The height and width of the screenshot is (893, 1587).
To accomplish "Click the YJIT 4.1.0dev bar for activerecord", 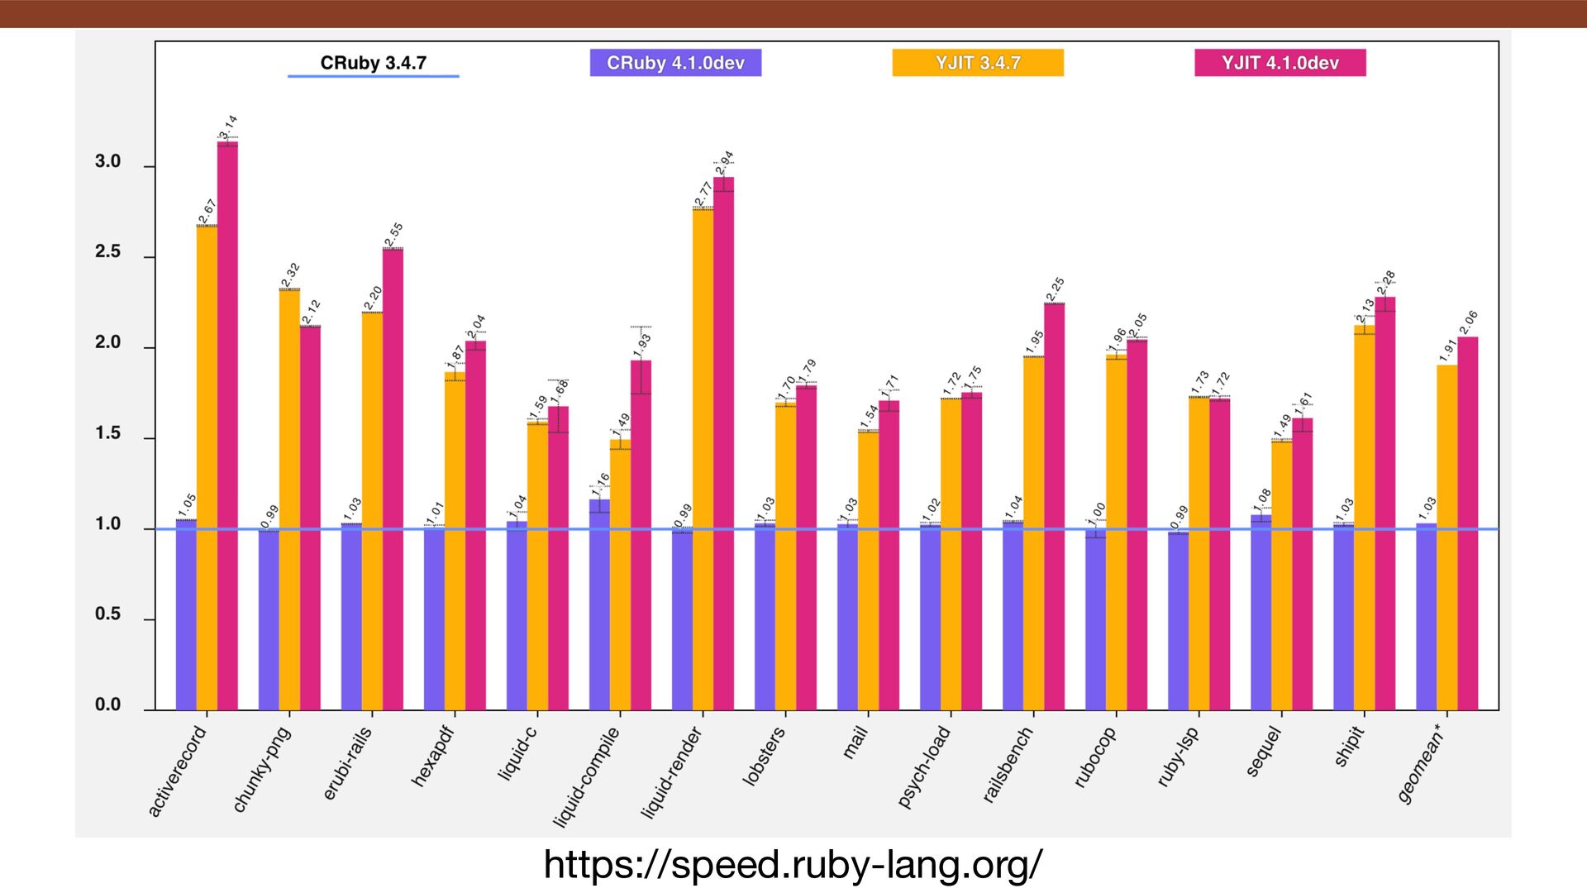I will click(x=227, y=426).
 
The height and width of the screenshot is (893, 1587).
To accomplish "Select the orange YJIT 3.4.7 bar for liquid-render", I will click(x=703, y=459).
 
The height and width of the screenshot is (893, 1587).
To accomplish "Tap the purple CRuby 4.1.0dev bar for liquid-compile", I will click(x=599, y=604).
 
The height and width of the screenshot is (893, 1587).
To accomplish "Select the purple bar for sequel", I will click(x=1261, y=612).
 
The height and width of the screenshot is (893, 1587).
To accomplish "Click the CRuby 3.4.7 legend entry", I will click(x=373, y=63).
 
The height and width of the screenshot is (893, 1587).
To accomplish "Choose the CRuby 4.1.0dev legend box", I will click(x=675, y=63).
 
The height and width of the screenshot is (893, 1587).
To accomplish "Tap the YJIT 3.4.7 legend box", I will click(x=978, y=63).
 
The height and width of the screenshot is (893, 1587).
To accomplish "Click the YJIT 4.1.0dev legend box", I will click(x=1280, y=63).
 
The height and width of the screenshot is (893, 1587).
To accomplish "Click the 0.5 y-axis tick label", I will click(x=108, y=614).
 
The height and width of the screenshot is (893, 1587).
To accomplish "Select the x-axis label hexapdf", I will click(x=433, y=757).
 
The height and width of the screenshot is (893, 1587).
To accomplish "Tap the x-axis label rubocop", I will click(x=1095, y=757).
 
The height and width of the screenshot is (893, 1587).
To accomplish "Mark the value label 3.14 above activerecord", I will click(x=228, y=127).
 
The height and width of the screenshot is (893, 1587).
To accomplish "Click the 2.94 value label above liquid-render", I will click(x=725, y=162).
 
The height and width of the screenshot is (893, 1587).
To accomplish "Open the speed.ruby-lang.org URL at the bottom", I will click(x=793, y=865).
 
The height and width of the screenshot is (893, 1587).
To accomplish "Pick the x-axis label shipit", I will click(x=1349, y=746).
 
